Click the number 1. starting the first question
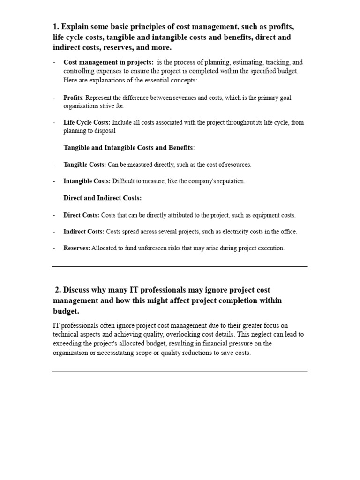pos(56,27)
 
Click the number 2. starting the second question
pos(58,290)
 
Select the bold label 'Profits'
pos(73,98)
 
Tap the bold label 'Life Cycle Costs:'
pos(87,123)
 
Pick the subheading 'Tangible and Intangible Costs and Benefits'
pos(128,148)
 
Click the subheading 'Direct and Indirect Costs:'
pos(102,198)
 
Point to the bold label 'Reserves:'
pos(76,248)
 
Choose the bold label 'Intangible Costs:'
pos(87,181)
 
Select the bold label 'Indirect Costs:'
pos(84,232)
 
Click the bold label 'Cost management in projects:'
pos(108,62)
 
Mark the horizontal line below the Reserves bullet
pos(180,266)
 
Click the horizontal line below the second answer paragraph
pos(180,371)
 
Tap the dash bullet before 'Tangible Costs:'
pos(54,165)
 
